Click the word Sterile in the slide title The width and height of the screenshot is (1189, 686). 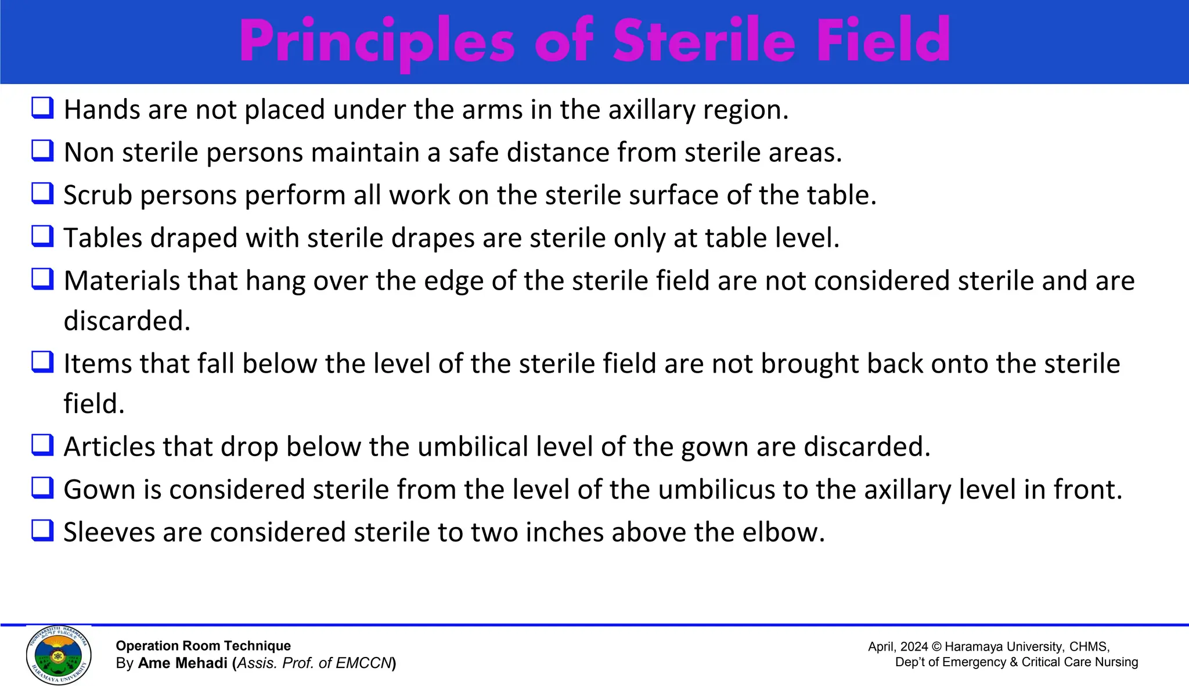coord(704,41)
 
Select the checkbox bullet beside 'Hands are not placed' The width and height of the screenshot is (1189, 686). coord(43,108)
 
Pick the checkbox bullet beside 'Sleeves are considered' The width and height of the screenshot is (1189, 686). coord(43,530)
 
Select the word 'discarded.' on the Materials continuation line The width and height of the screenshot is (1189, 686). coord(127,321)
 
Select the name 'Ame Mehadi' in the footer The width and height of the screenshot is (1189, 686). coord(182,663)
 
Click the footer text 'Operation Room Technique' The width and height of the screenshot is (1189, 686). coord(203,646)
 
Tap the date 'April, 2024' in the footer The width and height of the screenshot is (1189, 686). coord(898,647)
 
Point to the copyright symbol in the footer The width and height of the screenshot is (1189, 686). coord(936,647)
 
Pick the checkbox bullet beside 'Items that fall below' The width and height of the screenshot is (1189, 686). coord(43,362)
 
